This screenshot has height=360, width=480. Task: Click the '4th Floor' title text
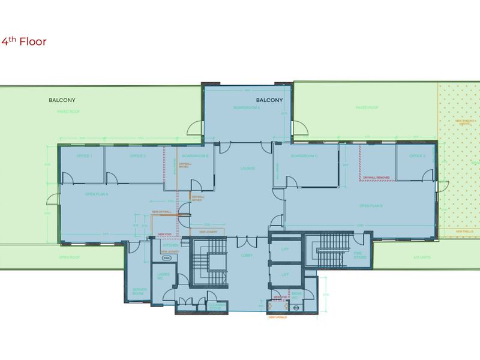(x=24, y=41)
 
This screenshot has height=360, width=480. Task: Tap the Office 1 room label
(x=83, y=156)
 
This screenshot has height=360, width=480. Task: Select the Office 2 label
(x=138, y=156)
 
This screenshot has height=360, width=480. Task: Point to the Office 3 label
(x=417, y=156)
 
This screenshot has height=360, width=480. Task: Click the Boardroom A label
(x=247, y=107)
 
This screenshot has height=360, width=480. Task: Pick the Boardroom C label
(x=304, y=156)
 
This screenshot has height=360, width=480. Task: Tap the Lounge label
(x=247, y=169)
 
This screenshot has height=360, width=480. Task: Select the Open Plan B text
(x=371, y=206)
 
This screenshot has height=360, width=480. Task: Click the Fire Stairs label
(x=358, y=254)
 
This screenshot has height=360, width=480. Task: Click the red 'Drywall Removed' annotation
(x=376, y=178)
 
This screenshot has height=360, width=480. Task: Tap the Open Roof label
(x=70, y=257)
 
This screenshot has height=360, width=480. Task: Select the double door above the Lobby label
(x=246, y=242)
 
